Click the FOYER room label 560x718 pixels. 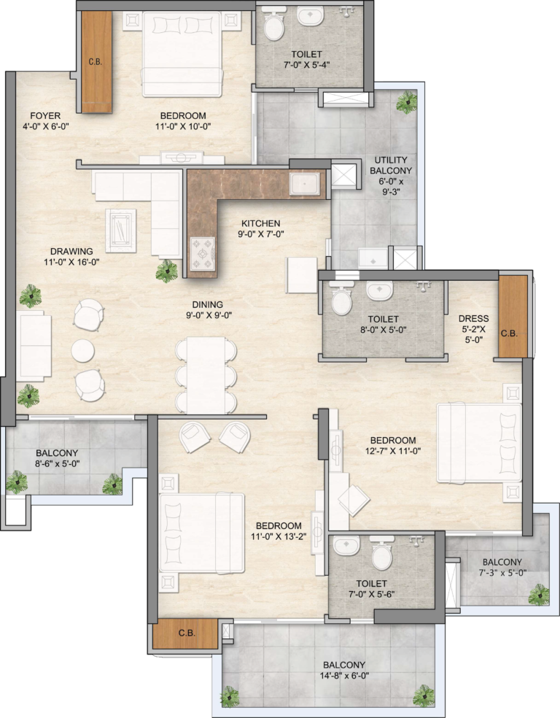coord(45,116)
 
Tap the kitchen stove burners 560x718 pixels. coord(203,252)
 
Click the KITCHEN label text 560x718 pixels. coord(261,223)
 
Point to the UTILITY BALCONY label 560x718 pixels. coord(391,166)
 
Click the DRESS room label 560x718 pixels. coord(473,319)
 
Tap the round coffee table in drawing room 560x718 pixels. coord(83,351)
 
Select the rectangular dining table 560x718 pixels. coord(206,376)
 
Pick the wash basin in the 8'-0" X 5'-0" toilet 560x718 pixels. coord(379,290)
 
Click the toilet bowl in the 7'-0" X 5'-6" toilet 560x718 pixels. coord(382,555)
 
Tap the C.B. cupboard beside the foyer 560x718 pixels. coord(96,62)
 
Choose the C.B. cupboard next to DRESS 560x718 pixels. coord(513,317)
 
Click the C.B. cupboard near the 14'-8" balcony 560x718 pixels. coord(185,634)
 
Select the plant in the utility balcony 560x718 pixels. coord(407,101)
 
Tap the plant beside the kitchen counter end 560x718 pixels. coord(166,271)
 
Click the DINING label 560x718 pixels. coord(207,304)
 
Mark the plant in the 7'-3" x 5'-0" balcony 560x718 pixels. coord(539,595)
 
